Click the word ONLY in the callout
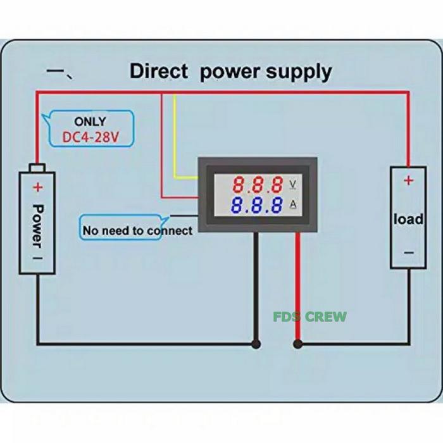point(90,121)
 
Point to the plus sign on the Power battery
point(37,187)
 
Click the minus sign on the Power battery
point(37,258)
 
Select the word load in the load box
point(408,219)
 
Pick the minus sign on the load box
point(408,253)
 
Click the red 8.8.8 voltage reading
point(258,185)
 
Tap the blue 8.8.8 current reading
point(258,205)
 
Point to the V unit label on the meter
point(293,184)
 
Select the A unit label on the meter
point(293,204)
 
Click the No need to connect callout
point(137,230)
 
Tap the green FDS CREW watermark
point(309,316)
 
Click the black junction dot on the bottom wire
point(256,345)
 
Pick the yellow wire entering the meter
point(175,139)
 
